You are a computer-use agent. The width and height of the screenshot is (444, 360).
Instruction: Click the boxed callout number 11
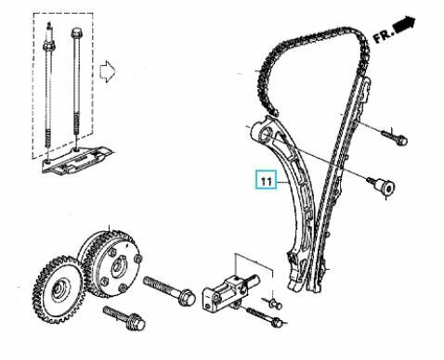(x=266, y=180)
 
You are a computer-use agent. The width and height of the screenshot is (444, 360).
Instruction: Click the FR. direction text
(x=383, y=35)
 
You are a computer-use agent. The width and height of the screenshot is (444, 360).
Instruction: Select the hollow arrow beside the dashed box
(x=107, y=71)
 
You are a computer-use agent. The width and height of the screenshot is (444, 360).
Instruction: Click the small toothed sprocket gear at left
(x=59, y=289)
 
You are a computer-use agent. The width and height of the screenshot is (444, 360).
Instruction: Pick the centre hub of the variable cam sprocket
(x=119, y=266)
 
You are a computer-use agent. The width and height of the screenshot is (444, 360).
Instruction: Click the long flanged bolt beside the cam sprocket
(x=169, y=289)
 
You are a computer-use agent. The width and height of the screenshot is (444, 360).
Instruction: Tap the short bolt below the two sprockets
(x=124, y=317)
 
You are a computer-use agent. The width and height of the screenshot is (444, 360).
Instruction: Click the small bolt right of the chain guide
(x=395, y=137)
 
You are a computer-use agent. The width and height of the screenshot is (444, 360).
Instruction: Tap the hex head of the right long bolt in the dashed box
(x=76, y=32)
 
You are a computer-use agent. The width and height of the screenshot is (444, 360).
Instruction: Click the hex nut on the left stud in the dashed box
(x=49, y=47)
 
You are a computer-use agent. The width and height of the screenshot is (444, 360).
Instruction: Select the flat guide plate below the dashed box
(x=77, y=161)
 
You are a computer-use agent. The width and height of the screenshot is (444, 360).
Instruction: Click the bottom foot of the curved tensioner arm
(x=295, y=280)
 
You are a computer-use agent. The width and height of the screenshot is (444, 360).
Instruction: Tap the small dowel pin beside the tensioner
(x=274, y=303)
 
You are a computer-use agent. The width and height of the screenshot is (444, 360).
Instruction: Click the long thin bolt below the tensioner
(x=265, y=317)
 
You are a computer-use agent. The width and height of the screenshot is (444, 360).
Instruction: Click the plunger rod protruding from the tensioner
(x=254, y=279)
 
